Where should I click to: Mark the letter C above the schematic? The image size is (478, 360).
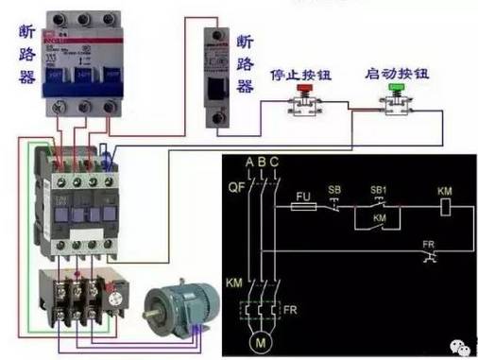tap(274, 162)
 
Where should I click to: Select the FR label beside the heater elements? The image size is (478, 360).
tap(291, 309)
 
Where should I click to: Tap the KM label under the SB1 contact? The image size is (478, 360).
tap(380, 218)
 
